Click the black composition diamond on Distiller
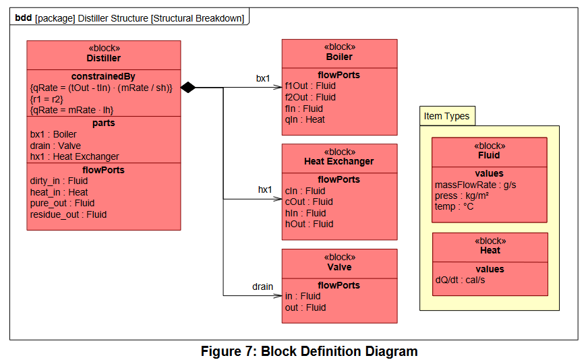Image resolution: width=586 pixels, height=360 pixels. tap(188, 88)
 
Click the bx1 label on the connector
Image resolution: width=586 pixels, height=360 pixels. tap(263, 78)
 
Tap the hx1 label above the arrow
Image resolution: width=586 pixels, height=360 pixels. tap(265, 189)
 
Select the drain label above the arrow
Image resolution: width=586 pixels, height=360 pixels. tap(262, 287)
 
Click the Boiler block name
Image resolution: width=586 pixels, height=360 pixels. tap(339, 57)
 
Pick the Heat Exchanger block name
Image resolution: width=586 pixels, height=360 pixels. tap(339, 161)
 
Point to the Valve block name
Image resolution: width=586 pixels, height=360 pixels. tap(339, 267)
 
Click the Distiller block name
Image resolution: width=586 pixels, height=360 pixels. tap(104, 58)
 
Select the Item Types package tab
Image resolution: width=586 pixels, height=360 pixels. tap(447, 116)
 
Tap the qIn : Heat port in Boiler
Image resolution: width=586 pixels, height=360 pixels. tap(305, 119)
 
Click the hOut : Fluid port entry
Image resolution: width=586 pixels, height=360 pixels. tap(309, 224)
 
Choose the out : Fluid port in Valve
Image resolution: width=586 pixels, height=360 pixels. tap(305, 307)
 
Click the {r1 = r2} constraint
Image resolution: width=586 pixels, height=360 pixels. tap(47, 99)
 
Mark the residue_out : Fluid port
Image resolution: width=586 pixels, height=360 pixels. tap(68, 215)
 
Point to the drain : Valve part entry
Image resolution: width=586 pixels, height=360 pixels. tap(55, 146)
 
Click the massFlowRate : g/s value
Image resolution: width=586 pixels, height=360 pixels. tap(475, 185)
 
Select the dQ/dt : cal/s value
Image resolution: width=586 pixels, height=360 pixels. tap(460, 280)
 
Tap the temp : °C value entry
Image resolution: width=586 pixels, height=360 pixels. tap(454, 206)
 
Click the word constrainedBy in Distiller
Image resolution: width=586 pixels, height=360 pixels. tap(104, 77)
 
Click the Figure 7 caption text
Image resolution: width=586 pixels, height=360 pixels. tap(309, 351)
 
